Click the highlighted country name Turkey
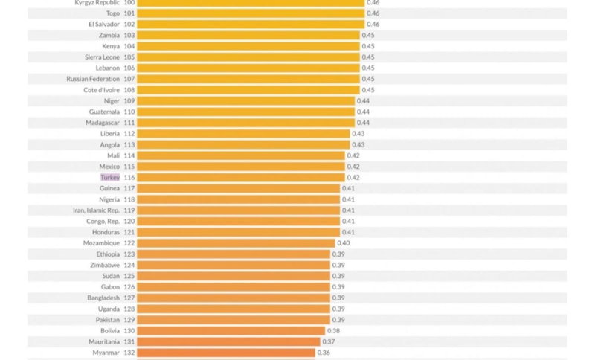point(110,178)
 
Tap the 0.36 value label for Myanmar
point(324,353)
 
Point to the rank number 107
point(129,79)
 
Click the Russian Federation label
point(93,79)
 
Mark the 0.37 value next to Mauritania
point(329,342)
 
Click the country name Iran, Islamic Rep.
point(96,210)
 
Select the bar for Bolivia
point(231,331)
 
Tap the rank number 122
point(129,243)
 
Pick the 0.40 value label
point(344,243)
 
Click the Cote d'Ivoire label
point(101,90)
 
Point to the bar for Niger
point(245,101)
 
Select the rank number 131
point(129,342)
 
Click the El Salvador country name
point(103,25)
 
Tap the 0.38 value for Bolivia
point(334,331)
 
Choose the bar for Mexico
point(241,167)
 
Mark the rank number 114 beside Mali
point(129,155)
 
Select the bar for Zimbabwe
point(234,266)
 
